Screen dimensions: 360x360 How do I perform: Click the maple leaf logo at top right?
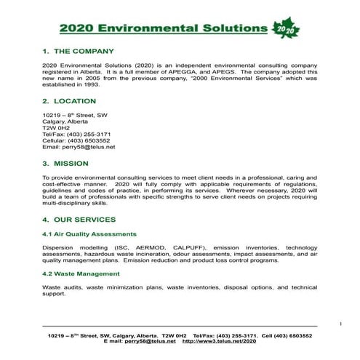286,27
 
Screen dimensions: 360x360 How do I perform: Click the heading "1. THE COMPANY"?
78,52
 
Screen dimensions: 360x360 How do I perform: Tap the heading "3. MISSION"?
68,164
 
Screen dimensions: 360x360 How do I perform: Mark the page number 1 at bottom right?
340,320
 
